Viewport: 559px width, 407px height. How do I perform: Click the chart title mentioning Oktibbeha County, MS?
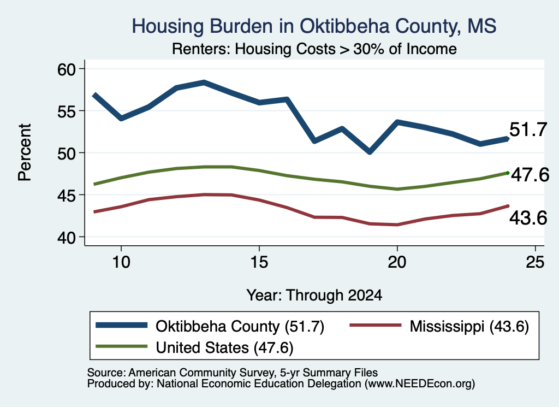pos(314,26)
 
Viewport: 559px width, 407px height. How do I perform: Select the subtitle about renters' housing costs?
pos(314,49)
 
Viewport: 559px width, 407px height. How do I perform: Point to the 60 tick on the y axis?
pos(67,69)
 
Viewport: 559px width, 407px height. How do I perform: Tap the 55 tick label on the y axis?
pos(67,111)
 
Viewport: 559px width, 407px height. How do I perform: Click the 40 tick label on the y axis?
pos(67,237)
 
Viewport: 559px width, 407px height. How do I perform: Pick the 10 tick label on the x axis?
pos(121,262)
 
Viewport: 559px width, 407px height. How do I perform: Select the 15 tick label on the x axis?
pos(259,262)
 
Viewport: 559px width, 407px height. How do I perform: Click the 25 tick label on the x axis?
pos(535,262)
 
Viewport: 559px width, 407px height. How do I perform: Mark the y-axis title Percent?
pos(25,152)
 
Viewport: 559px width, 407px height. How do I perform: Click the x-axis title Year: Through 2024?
pos(314,296)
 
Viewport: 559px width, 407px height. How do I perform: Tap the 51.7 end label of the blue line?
pos(528,129)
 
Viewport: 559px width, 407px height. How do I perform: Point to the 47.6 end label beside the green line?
pos(530,175)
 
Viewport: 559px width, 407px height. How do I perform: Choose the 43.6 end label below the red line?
pos(528,217)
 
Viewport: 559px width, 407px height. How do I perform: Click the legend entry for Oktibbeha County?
pos(240,326)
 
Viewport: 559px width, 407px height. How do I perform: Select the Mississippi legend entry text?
pos(469,326)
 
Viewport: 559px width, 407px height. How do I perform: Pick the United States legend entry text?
pos(224,348)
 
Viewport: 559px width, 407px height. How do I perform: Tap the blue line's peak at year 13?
pos(204,82)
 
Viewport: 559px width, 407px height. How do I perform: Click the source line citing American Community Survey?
pos(233,373)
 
